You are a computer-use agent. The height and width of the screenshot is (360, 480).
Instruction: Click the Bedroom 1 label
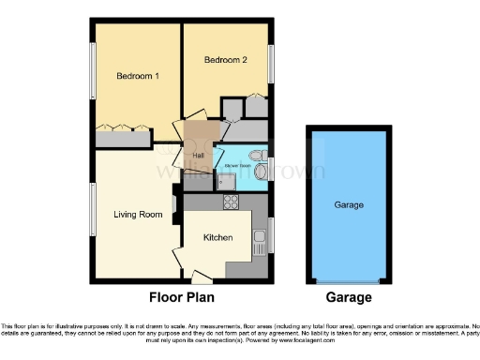click(x=136, y=75)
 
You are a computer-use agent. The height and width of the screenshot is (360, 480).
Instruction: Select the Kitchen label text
click(x=218, y=238)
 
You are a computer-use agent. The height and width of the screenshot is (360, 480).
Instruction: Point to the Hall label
click(x=199, y=156)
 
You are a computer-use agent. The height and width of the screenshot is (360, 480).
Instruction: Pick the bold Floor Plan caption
click(x=183, y=297)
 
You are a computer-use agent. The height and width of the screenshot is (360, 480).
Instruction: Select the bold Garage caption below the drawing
click(x=349, y=297)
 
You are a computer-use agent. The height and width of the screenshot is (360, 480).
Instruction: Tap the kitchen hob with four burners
click(x=229, y=200)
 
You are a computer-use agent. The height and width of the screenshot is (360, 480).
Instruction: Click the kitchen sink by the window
click(x=262, y=234)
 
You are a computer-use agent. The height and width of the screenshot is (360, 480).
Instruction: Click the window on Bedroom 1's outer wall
click(x=93, y=73)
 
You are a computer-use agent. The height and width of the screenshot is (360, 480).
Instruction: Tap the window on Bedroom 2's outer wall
click(x=272, y=64)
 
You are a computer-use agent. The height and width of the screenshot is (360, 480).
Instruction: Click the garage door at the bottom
click(x=349, y=279)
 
